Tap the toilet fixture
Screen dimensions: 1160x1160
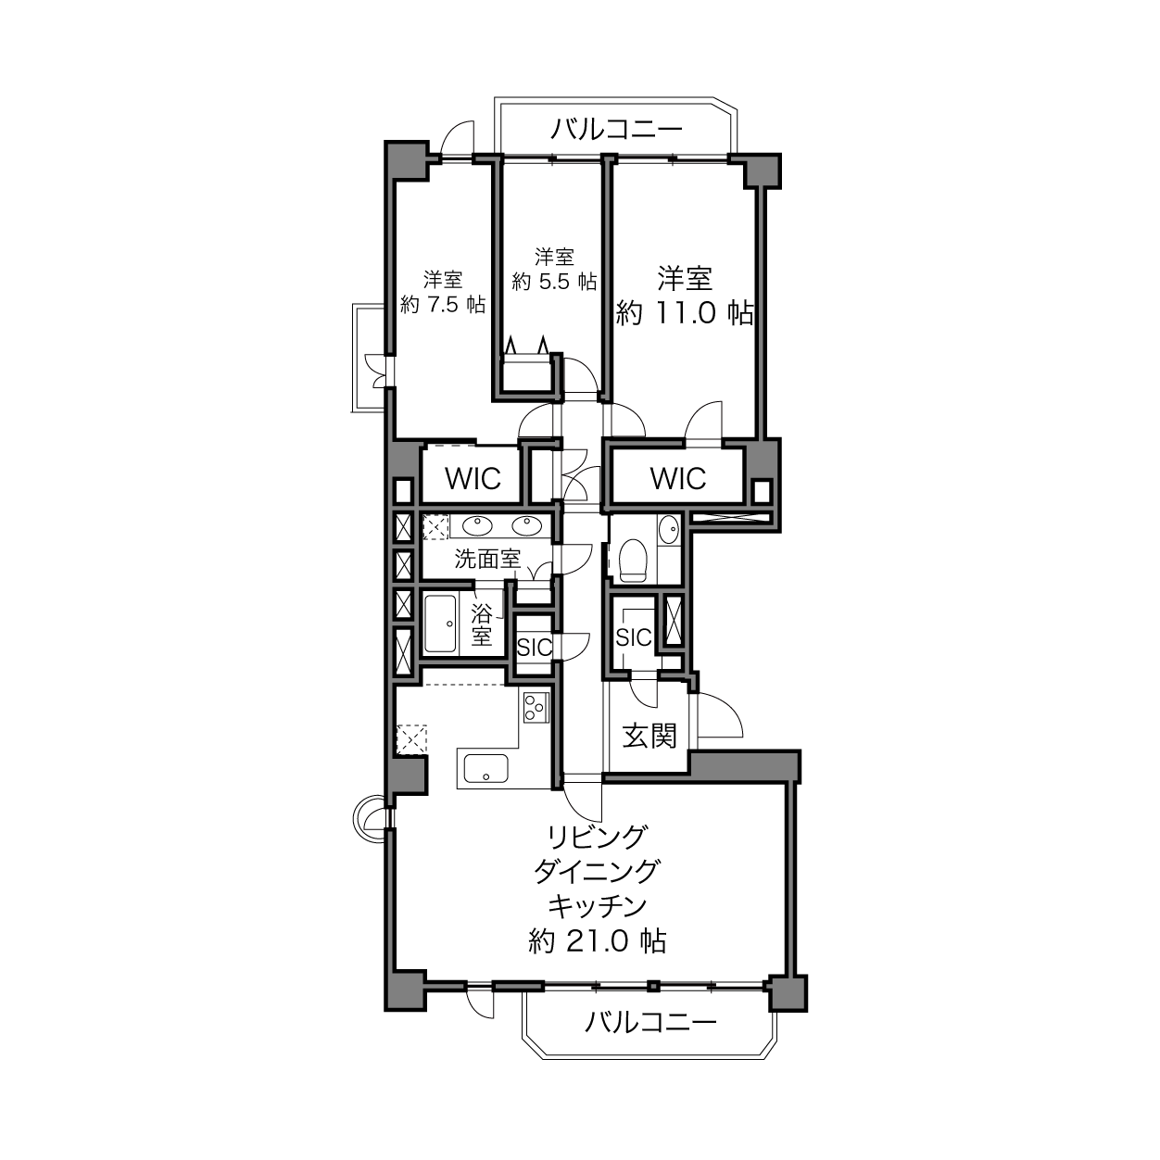tap(632, 560)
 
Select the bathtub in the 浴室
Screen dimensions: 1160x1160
tap(440, 624)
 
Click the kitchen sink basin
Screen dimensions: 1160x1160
tap(485, 769)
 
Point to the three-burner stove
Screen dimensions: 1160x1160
tap(536, 707)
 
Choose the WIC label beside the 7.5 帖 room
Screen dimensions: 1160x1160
tap(473, 478)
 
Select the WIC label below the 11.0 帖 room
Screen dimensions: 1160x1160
tap(678, 478)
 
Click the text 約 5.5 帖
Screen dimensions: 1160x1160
tap(554, 281)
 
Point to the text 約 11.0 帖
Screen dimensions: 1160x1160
tap(684, 313)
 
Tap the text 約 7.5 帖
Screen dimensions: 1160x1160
tap(443, 305)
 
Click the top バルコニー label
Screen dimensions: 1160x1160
tap(617, 129)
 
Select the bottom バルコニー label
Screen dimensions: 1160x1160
tap(650, 1022)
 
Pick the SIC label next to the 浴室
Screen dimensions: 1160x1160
tap(534, 647)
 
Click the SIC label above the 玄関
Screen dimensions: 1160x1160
tap(633, 637)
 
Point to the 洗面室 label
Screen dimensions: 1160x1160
tap(487, 559)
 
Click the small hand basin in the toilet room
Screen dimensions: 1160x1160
tap(668, 530)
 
